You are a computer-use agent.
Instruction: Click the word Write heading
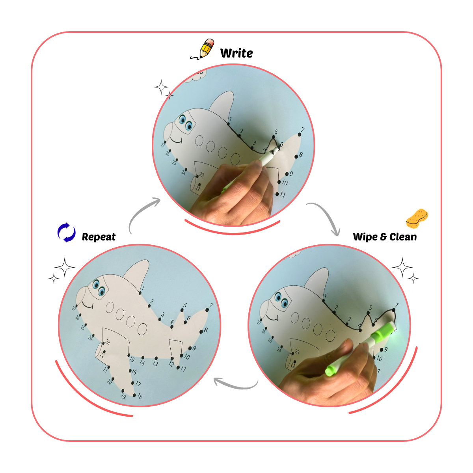point(236,53)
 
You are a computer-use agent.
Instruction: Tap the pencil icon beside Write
point(202,49)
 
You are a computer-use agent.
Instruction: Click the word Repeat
point(99,237)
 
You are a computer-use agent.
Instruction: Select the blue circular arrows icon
point(66,232)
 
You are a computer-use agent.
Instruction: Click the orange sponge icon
point(417,218)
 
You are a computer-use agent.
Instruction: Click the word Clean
point(403,237)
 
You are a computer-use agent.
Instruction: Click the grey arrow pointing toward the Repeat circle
point(235,384)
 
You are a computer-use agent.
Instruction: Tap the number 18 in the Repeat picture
point(140,396)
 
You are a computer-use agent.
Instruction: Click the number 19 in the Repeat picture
point(123,396)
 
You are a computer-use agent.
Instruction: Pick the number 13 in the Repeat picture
point(155,363)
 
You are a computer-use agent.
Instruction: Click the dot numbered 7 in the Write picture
point(299,134)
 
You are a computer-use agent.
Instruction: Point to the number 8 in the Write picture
point(301,155)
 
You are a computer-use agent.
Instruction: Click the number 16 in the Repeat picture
point(134,372)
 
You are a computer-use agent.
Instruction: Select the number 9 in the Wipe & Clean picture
point(385,349)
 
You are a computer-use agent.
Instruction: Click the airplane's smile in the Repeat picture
point(88,305)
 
